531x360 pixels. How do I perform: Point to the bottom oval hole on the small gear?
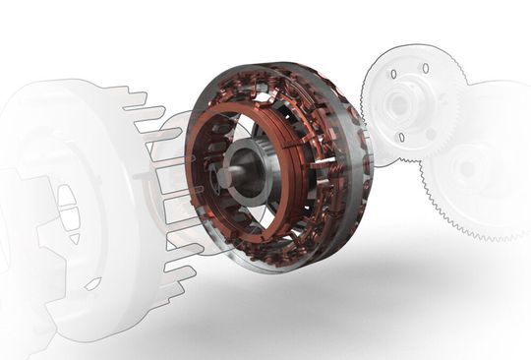pyautogui.click(x=402, y=136)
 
